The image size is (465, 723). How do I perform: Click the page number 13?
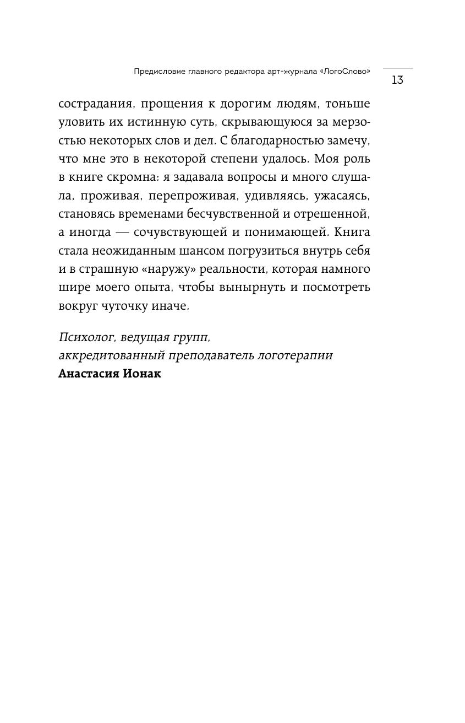tap(397, 80)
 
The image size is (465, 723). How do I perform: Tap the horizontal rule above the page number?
tap(397, 68)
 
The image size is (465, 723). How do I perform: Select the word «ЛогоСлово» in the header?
tap(344, 71)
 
